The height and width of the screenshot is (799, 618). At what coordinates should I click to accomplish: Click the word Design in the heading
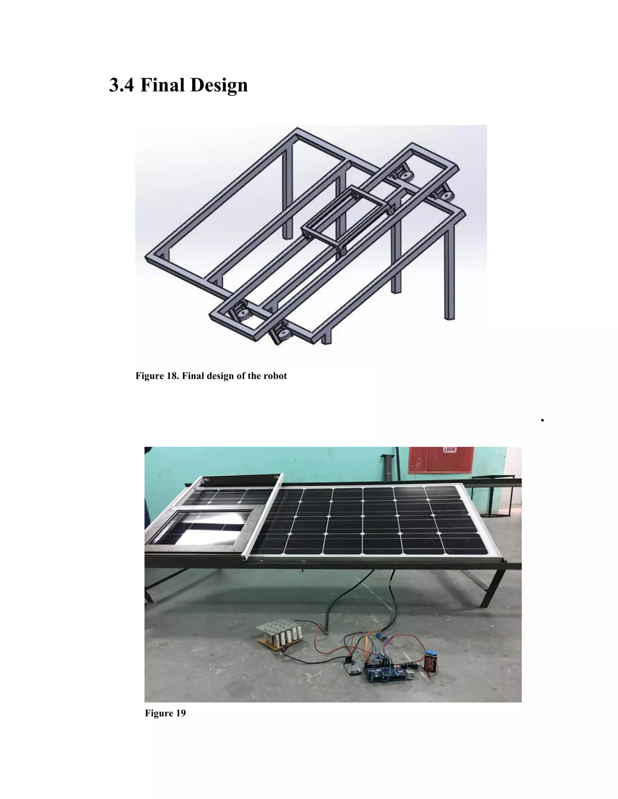click(219, 85)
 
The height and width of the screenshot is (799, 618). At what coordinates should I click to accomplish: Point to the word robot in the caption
click(275, 376)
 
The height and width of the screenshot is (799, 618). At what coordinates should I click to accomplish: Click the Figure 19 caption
click(165, 713)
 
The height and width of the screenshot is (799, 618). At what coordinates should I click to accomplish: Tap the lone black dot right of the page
click(542, 420)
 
